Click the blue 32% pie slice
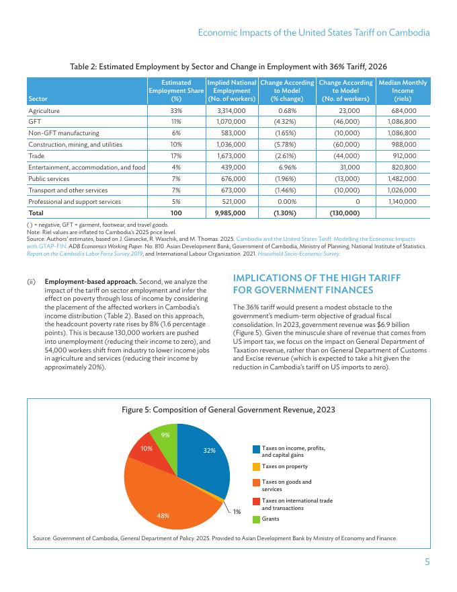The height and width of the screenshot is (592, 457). point(205,457)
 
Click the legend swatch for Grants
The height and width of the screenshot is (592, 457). point(256,519)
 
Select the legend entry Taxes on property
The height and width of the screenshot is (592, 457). point(285,466)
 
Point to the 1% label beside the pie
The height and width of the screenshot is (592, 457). point(237,513)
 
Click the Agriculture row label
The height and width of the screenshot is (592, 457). point(44,110)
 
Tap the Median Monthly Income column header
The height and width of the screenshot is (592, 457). point(403,91)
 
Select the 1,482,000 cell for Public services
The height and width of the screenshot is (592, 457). point(403,179)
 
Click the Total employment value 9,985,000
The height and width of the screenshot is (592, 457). point(230,213)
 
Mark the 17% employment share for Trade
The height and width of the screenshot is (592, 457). point(176,155)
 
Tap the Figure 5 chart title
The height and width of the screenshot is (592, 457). point(228,410)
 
